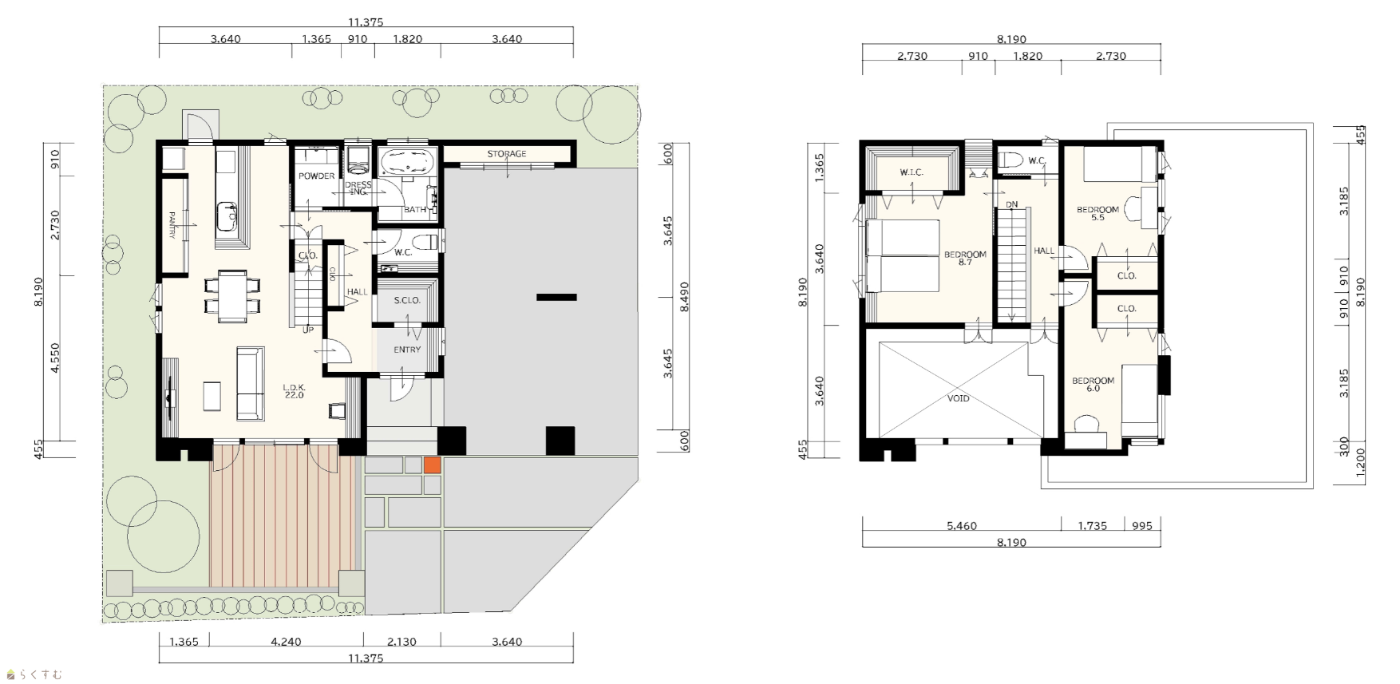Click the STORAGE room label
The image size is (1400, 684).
[506, 154]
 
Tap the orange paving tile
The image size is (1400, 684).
[432, 465]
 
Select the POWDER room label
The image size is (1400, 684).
[317, 176]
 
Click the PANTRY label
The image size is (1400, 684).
[172, 225]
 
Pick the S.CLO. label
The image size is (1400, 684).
[407, 301]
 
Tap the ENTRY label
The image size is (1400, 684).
[407, 350]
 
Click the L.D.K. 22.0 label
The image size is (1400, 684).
[295, 392]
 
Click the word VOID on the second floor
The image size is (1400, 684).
[959, 398]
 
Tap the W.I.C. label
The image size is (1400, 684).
[912, 172]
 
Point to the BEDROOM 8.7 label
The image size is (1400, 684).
[965, 259]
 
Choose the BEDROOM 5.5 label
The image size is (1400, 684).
[1097, 214]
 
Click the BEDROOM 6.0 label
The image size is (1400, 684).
[1093, 385]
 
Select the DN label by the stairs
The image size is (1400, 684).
[1012, 205]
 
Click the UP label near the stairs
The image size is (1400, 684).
[308, 330]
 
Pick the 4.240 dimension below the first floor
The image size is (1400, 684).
[286, 642]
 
